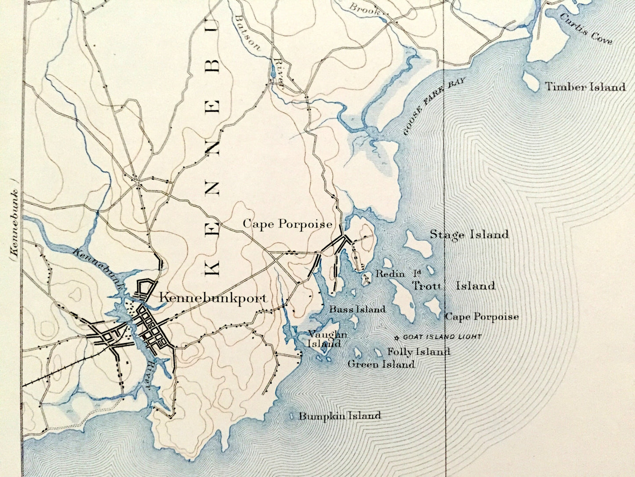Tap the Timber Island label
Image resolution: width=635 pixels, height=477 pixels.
coord(585,87)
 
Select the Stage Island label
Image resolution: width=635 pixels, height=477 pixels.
coord(469,234)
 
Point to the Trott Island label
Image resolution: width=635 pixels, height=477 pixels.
coord(454,286)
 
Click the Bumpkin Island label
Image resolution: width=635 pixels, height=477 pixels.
coord(340,416)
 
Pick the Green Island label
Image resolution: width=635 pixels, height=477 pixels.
coord(381,364)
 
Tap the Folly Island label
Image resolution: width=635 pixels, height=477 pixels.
coord(418,352)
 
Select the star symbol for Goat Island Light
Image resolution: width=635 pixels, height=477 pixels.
coord(397,338)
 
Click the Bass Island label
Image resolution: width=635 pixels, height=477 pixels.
coord(357,309)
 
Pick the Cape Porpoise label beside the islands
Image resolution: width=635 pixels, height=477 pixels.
coord(482,317)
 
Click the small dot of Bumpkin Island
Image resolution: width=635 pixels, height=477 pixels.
coord(294,416)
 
